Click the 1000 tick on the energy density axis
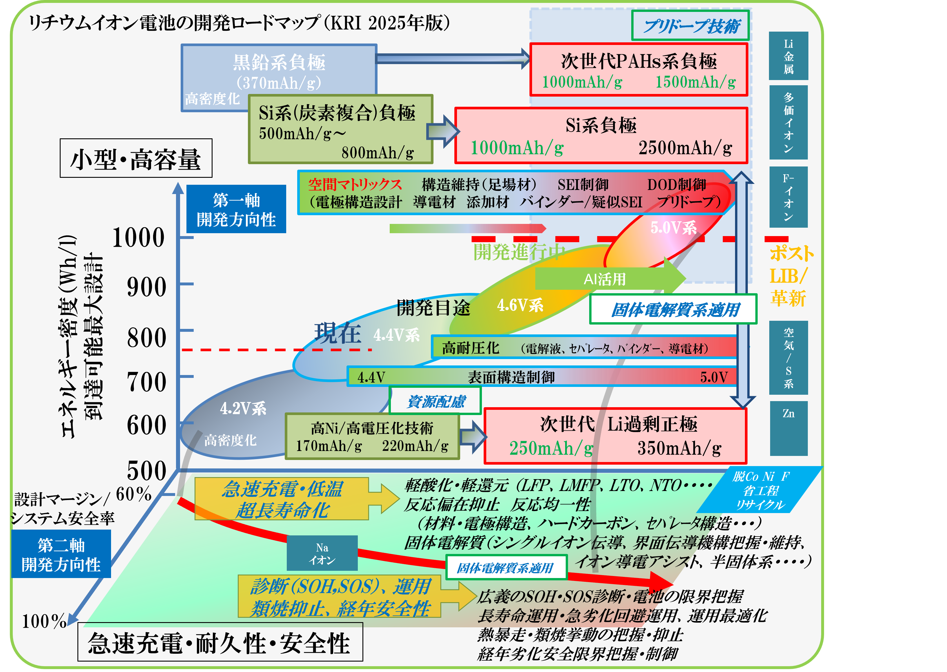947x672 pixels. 139,238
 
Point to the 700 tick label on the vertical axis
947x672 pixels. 146,381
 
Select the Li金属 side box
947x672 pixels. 788,56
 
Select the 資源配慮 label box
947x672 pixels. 435,401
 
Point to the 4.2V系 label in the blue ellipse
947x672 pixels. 243,408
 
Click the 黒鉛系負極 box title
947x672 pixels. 279,62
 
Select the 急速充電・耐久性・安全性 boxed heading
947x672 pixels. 220,643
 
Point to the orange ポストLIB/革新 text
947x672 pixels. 791,276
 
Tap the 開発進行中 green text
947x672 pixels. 519,251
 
